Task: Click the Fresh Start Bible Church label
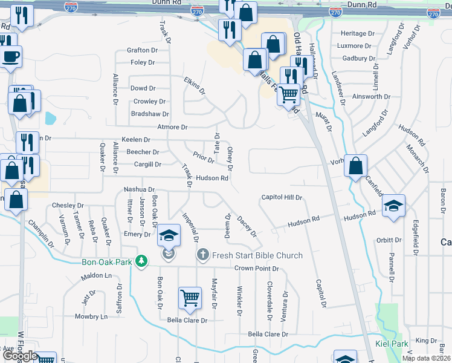257,255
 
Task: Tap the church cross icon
204,255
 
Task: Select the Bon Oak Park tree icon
142,261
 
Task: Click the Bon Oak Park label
106,263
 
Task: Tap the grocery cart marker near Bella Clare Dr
190,298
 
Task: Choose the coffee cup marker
11,57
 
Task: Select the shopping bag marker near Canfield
356,166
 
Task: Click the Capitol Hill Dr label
281,197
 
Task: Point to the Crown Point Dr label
256,268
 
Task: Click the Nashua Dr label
139,189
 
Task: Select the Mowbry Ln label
91,316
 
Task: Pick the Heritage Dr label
354,33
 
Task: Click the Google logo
20,356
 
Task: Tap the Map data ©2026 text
427,358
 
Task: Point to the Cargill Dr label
148,164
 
